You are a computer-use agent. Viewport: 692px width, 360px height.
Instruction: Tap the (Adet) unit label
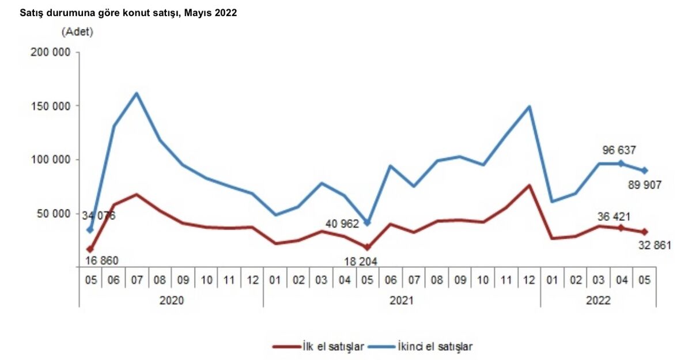tap(77, 32)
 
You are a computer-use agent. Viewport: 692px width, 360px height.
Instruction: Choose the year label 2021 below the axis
tap(402, 300)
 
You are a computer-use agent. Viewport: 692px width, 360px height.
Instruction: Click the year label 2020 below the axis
tap(171, 300)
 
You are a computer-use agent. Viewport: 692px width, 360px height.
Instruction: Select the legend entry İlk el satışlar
tap(333, 346)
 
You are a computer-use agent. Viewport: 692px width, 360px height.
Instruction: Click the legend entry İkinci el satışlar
tap(434, 346)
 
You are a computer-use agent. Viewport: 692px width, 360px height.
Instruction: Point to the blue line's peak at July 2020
tap(137, 93)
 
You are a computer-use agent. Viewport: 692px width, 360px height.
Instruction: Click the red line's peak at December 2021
tap(529, 185)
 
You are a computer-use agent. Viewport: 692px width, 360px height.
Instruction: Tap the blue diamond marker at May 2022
tap(644, 170)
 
